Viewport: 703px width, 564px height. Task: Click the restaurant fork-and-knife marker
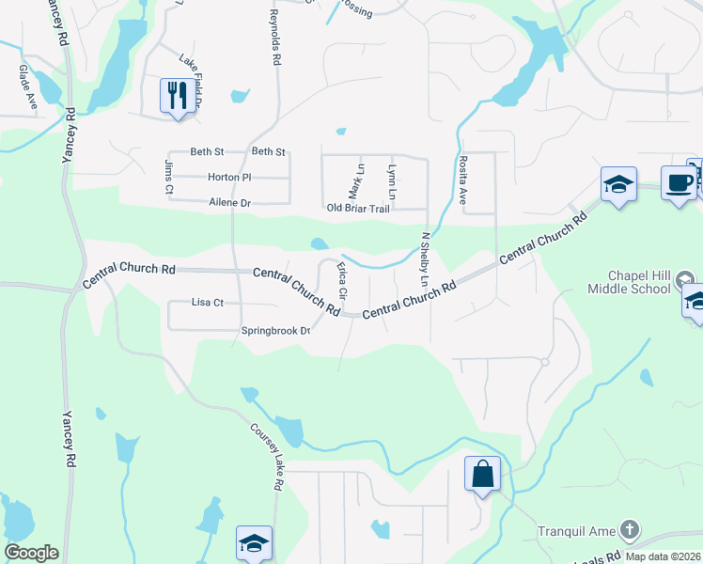[x=177, y=96]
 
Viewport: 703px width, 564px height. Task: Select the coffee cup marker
[x=678, y=181]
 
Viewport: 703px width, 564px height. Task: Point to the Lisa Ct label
[x=207, y=303]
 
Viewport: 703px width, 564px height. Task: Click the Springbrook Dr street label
[x=275, y=331]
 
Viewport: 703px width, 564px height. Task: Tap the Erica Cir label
[x=342, y=281]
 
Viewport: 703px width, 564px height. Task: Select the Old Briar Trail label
[x=357, y=209]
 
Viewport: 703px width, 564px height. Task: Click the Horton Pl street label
[x=228, y=177]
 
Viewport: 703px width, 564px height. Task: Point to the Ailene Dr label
[x=229, y=203]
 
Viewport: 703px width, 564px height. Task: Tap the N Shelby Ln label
[x=425, y=259]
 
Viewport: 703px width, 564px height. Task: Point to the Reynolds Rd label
[x=275, y=38]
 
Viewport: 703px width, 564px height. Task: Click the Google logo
[x=31, y=553]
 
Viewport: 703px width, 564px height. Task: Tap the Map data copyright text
[x=664, y=556]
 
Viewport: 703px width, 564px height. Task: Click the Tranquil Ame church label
[x=575, y=530]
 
